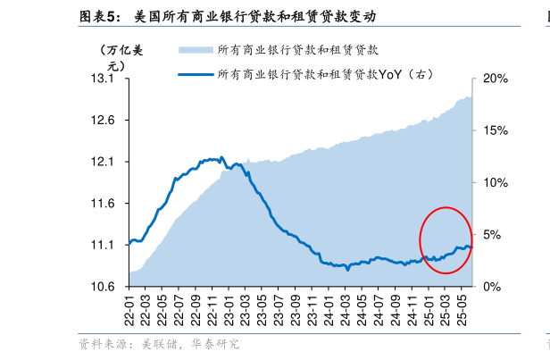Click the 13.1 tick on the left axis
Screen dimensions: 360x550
104,80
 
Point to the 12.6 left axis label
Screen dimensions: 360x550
104,121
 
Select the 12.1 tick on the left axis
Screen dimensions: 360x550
104,162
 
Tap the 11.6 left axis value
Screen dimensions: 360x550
104,204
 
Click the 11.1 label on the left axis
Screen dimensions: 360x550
104,245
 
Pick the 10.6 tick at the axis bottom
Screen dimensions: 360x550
104,286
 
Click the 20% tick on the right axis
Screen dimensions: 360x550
495,80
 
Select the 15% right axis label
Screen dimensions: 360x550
495,130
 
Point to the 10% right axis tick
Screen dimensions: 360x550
495,182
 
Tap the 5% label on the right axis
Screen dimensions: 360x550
492,235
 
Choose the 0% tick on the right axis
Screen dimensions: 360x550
492,286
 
